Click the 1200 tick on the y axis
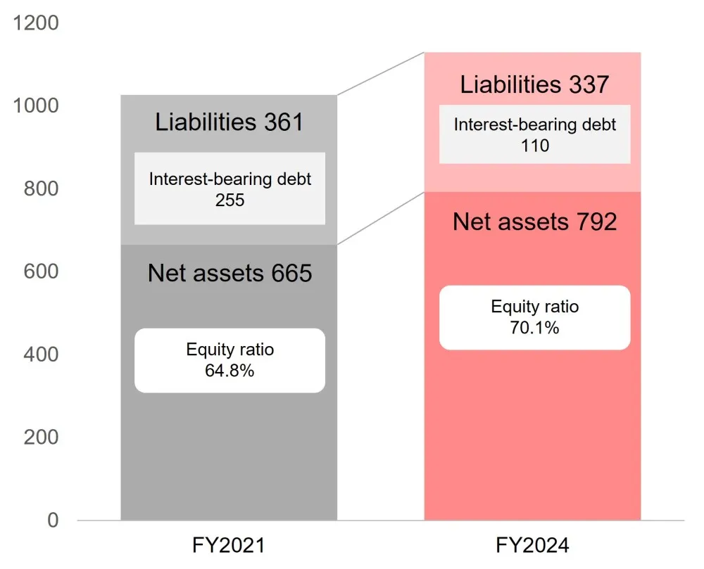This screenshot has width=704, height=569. (x=36, y=23)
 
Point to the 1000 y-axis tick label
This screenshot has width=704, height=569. (x=36, y=106)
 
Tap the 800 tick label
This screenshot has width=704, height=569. (x=41, y=188)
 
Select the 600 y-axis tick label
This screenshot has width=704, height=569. (x=41, y=271)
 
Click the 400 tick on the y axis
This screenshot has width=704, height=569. (x=41, y=354)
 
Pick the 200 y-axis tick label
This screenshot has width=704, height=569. (x=41, y=437)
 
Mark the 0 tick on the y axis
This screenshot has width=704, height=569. (x=53, y=520)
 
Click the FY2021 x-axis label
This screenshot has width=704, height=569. (x=229, y=546)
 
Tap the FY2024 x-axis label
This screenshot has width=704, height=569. (x=532, y=546)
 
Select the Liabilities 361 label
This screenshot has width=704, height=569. (x=229, y=122)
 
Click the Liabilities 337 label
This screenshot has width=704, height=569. (x=534, y=84)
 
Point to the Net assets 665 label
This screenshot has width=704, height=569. (x=230, y=273)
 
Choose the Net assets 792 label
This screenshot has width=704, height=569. (x=535, y=222)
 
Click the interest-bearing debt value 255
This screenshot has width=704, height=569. (x=230, y=200)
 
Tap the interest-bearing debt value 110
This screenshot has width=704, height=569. (x=535, y=146)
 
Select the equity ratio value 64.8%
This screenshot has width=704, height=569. (x=230, y=371)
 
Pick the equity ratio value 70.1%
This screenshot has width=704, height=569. (x=534, y=328)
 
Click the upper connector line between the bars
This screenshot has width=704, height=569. (x=381, y=74)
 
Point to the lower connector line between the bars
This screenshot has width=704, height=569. (x=381, y=218)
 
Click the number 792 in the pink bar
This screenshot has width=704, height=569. (x=597, y=222)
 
